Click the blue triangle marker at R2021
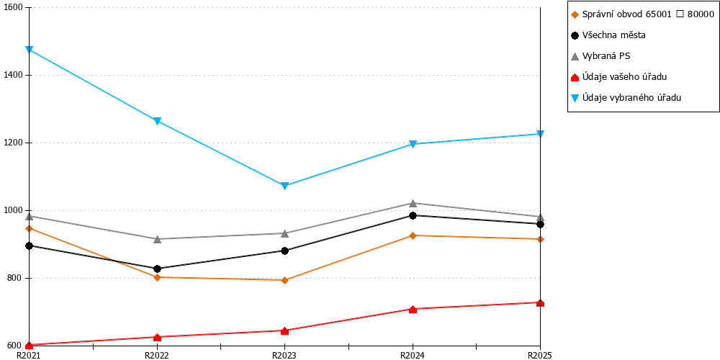[x=29, y=50]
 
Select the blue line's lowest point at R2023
[x=284, y=186]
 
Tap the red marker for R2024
[x=413, y=309]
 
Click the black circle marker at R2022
[x=157, y=269]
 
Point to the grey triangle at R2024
[x=413, y=203]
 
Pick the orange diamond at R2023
[x=284, y=280]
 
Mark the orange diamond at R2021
[x=29, y=228]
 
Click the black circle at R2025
[x=541, y=224]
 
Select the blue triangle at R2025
[x=541, y=134]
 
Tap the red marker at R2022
[x=157, y=338]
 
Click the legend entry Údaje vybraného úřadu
[x=626, y=97]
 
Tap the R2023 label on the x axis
[x=284, y=355]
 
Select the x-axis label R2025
[x=540, y=355]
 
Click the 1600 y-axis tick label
[x=13, y=8]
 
